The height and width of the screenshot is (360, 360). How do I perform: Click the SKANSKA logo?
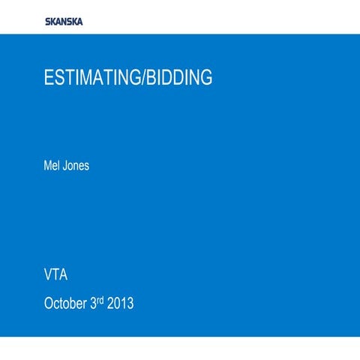tap(64, 21)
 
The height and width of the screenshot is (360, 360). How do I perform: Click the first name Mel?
tap(52, 165)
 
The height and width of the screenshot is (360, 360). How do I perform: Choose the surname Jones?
tap(76, 165)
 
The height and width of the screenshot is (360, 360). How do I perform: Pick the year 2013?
tap(120, 304)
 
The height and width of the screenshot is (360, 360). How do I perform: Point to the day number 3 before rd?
tap(93, 304)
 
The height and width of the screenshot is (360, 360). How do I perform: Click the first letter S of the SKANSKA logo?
tap(48, 21)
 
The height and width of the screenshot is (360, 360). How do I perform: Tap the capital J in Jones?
tap(66, 165)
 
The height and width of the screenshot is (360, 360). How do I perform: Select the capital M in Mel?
tap(49, 165)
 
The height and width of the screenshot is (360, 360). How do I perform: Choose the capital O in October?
tap(49, 304)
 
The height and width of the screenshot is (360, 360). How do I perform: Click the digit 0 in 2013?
tap(116, 304)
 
